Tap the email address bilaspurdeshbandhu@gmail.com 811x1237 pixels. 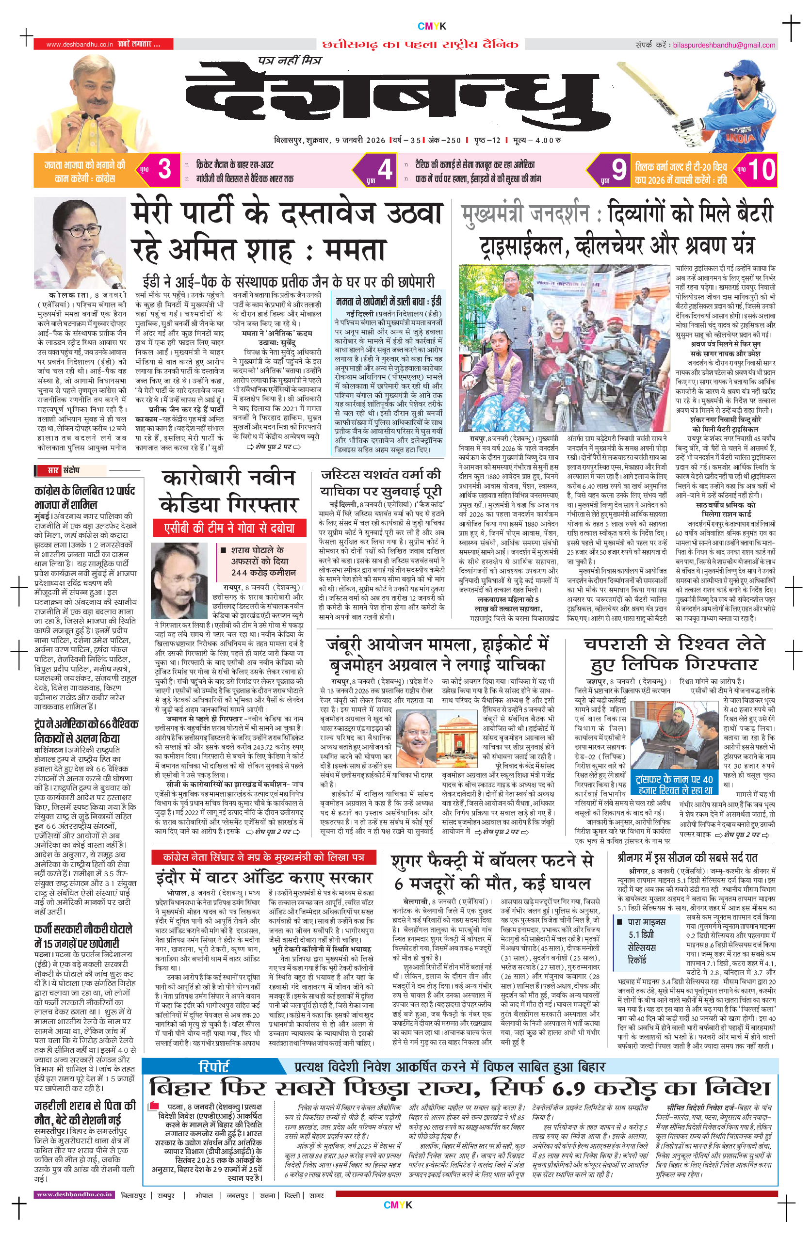[x=724, y=45]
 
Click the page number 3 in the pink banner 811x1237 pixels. [x=164, y=169]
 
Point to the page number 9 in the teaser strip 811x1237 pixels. [x=618, y=169]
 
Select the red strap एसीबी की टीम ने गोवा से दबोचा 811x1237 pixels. [x=229, y=528]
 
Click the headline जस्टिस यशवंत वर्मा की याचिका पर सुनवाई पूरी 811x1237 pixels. [x=381, y=483]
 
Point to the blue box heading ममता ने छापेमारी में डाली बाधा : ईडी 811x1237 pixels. [x=389, y=301]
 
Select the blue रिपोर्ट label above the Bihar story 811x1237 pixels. [x=214, y=1067]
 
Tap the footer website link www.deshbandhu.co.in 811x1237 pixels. [x=74, y=1194]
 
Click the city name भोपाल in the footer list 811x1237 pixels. [x=204, y=1195]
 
